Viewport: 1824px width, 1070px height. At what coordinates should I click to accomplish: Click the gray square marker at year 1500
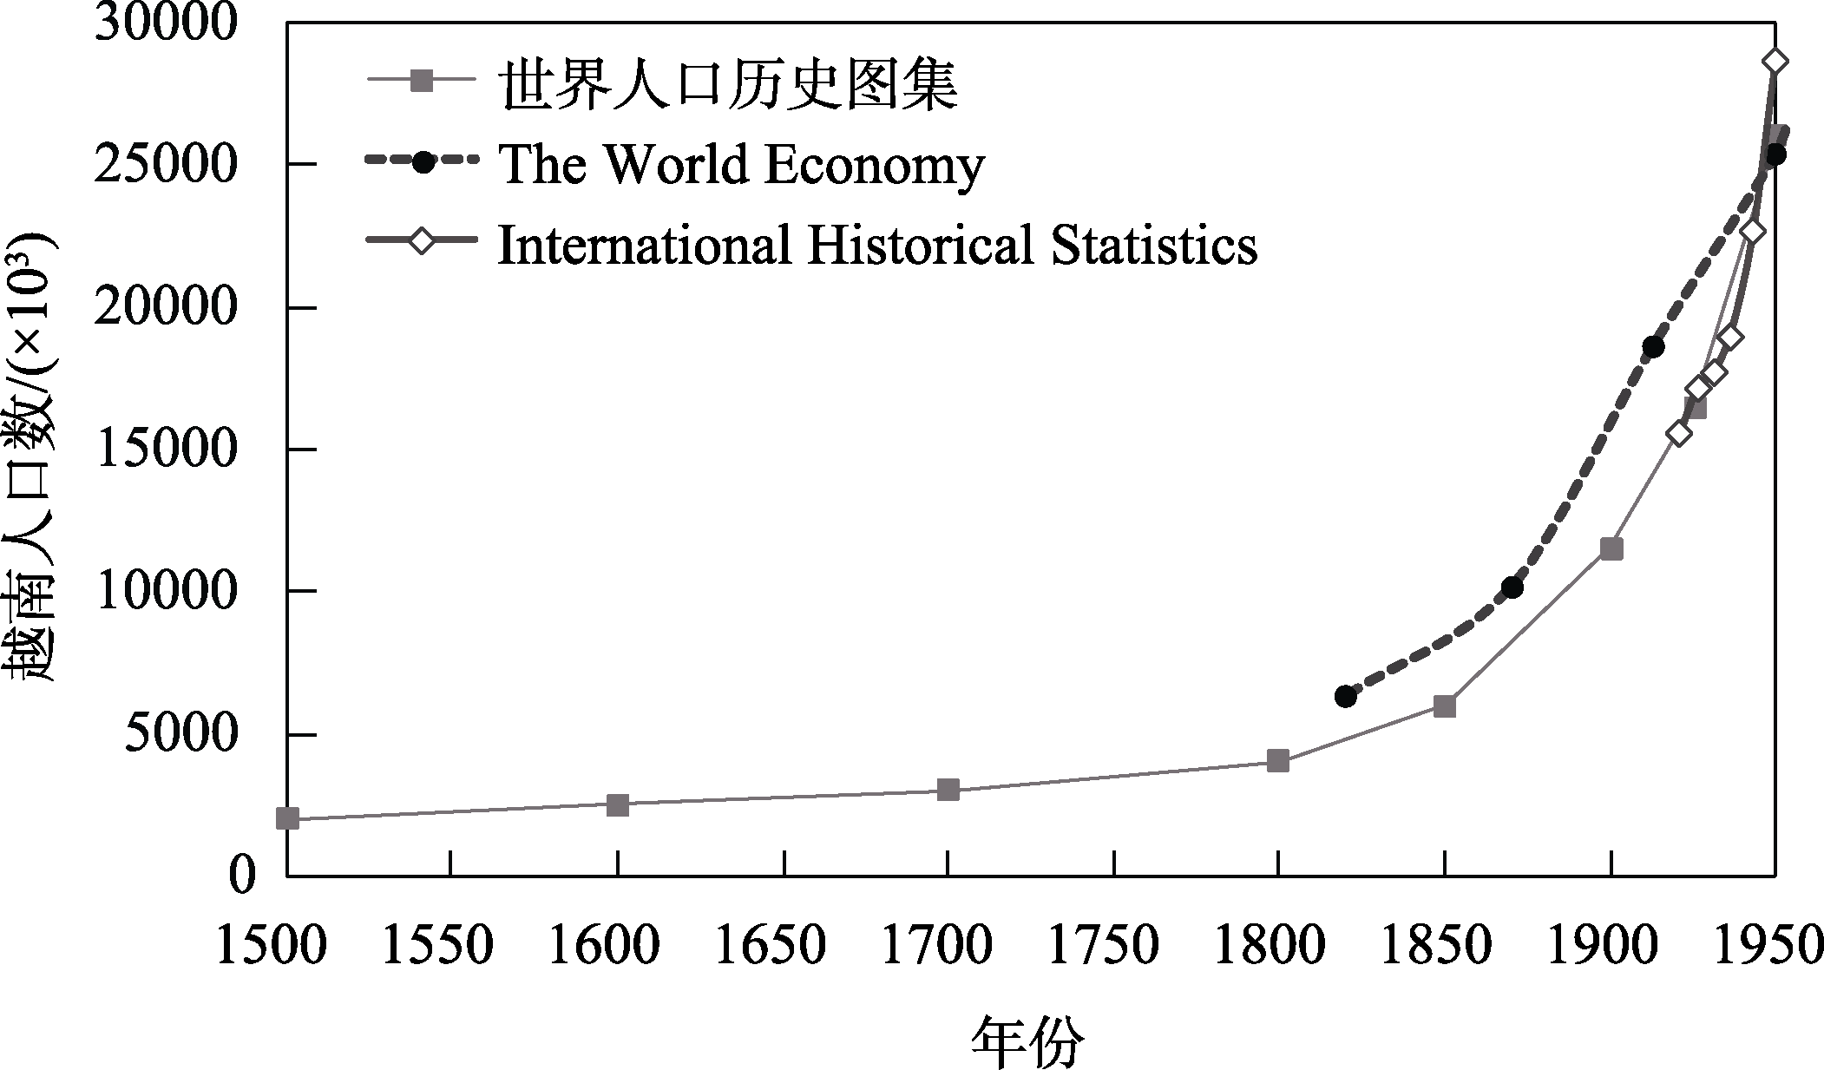[287, 818]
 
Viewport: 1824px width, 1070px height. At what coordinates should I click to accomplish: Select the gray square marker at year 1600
[617, 804]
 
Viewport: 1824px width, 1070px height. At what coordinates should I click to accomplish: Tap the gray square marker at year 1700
[948, 790]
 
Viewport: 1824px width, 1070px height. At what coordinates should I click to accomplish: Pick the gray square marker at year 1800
[1277, 761]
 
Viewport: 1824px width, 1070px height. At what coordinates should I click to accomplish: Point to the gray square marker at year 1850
[1444, 706]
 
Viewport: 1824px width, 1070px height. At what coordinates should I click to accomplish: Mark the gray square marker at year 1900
[1611, 548]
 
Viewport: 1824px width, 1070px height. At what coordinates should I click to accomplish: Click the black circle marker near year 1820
[1345, 696]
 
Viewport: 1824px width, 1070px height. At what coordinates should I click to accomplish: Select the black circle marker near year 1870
[1512, 588]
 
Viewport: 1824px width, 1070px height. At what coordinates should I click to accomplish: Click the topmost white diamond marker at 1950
[1775, 62]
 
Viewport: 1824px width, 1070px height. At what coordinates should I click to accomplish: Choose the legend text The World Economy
[742, 165]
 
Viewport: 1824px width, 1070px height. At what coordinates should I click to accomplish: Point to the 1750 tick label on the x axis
[1104, 946]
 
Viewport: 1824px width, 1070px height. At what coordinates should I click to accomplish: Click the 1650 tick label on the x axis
[771, 946]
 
